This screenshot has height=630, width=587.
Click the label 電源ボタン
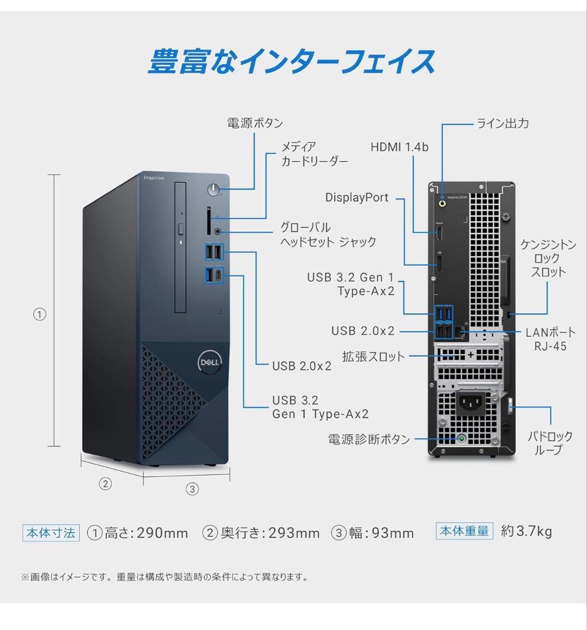click(254, 123)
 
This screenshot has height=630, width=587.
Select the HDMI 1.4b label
click(399, 147)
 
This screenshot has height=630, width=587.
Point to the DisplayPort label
click(357, 198)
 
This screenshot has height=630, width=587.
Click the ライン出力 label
click(503, 123)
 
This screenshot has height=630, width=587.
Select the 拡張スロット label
click(373, 356)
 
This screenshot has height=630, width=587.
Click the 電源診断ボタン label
click(369, 439)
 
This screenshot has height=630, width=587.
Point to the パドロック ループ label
click(550, 443)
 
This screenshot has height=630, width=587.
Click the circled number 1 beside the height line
click(39, 314)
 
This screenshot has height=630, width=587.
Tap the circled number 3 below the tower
click(193, 489)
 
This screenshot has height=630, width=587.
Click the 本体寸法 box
click(51, 532)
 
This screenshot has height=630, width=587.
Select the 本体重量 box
click(464, 531)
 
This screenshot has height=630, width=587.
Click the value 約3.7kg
click(526, 531)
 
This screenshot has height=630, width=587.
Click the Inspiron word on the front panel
click(155, 177)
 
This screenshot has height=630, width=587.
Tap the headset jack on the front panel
click(219, 231)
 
